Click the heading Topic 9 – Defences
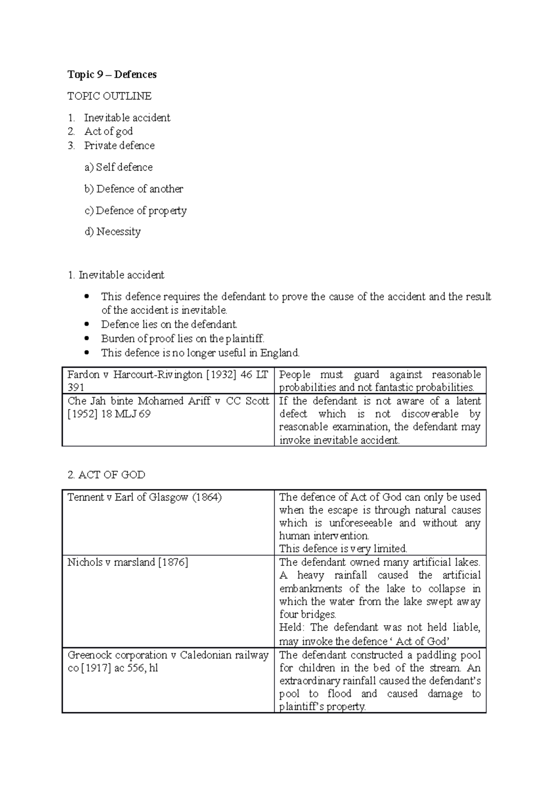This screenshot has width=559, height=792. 112,75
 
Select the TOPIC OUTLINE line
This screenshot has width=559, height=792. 109,96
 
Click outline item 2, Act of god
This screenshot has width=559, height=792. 109,132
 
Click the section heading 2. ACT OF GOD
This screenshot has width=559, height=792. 106,475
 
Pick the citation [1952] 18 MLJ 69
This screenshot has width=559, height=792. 109,414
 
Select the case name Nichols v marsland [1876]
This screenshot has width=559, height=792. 128,563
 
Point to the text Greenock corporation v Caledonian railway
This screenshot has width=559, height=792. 168,655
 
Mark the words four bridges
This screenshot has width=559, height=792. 307,614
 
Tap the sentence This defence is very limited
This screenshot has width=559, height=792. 343,549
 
